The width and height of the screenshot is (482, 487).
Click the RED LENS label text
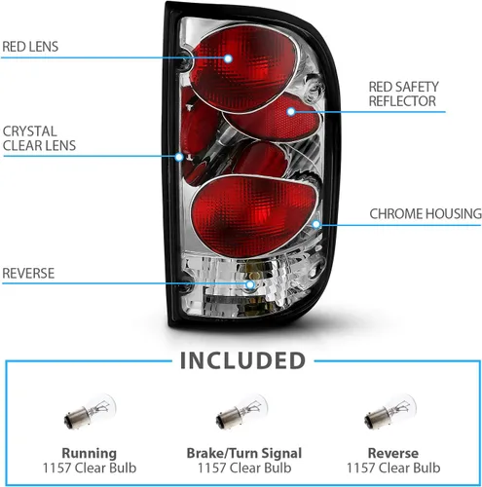click(x=30, y=47)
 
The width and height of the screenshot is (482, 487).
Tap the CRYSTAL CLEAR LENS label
click(x=39, y=138)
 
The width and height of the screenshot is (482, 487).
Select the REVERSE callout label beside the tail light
click(x=28, y=274)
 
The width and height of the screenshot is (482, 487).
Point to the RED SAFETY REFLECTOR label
click(x=403, y=94)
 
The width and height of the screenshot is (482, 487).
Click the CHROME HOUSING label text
click(x=426, y=213)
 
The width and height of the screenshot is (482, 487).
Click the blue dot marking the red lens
click(x=228, y=58)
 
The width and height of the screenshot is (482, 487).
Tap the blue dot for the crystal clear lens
click(x=179, y=157)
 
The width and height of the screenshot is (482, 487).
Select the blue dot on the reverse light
click(x=250, y=284)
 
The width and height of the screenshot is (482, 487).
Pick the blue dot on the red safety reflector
click(x=291, y=112)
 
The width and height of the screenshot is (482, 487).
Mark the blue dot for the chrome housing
click(x=316, y=224)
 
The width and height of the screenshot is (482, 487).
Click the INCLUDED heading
click(x=242, y=360)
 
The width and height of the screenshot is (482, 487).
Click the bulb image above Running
click(x=90, y=412)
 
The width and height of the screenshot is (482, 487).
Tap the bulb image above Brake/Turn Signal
click(x=241, y=412)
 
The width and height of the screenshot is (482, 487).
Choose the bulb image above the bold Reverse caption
click(x=390, y=412)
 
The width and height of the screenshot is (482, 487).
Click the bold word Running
click(x=90, y=453)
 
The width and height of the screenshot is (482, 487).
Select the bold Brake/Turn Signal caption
click(x=244, y=453)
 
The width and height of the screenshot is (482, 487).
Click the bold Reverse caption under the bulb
click(x=393, y=453)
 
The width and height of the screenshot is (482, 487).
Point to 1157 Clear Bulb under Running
click(x=90, y=468)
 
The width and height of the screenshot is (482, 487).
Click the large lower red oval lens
click(x=254, y=215)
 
